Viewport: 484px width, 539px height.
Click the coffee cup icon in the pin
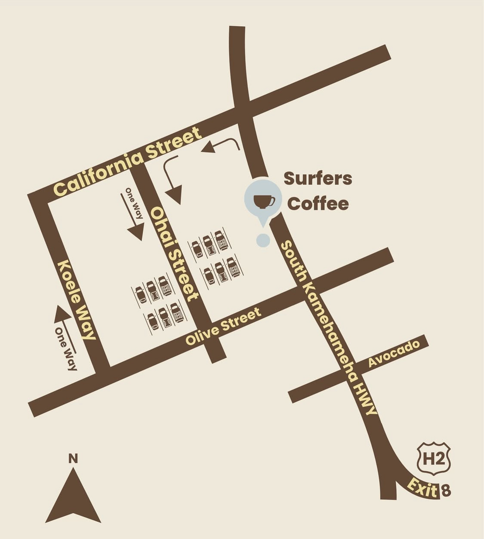click(x=264, y=201)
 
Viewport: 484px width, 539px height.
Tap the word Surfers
click(x=318, y=178)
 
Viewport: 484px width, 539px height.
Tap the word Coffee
click(x=318, y=204)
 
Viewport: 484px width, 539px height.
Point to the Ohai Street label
click(x=175, y=253)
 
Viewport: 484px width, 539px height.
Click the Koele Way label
click(x=77, y=300)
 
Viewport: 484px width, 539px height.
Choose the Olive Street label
click(x=223, y=326)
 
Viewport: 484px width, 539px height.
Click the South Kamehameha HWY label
click(x=329, y=328)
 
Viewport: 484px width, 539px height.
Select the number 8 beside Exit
click(x=446, y=491)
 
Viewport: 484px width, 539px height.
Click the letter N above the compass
click(x=73, y=459)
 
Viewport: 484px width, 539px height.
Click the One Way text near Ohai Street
click(x=134, y=203)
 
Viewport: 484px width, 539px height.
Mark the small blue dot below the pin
click(x=263, y=240)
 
